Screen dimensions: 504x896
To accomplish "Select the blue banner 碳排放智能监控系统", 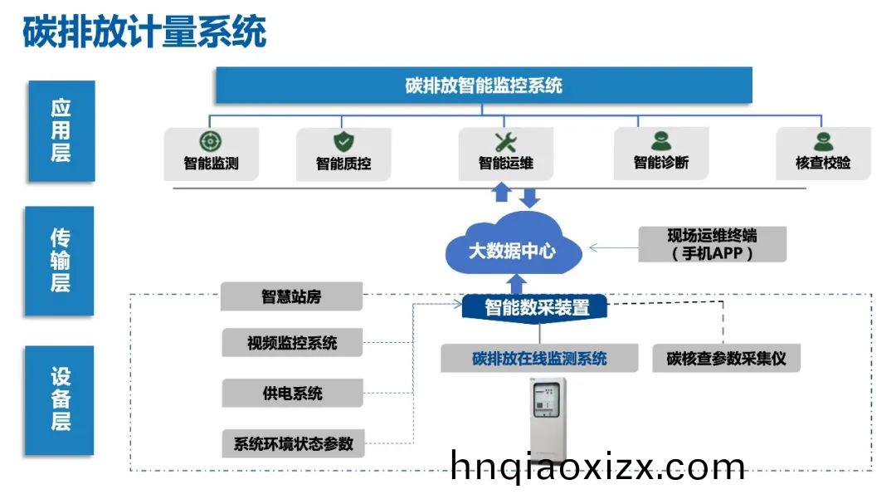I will point(484,86).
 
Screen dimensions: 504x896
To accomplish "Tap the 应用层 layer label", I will point(61,130).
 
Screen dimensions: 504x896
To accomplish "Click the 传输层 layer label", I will point(61,260).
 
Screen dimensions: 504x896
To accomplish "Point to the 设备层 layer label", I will point(61,399).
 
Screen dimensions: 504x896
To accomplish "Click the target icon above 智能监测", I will point(211,141).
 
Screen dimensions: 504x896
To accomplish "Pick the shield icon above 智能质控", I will point(343,142).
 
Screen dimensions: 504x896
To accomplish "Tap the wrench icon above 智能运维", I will point(505,142).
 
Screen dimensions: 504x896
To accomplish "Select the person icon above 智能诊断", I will point(660,142).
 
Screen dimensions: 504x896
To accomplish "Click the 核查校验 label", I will point(823,164).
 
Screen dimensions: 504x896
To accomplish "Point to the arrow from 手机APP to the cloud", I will point(613,247).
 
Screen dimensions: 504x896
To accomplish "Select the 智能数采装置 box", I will point(537,307).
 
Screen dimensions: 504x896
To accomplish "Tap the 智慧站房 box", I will point(291,296).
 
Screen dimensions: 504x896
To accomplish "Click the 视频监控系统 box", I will point(292,342).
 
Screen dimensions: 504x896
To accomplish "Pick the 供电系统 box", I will point(292,393).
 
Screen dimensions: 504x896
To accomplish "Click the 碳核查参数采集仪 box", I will point(726,359).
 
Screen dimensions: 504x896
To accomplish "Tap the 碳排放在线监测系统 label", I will point(539,359).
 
